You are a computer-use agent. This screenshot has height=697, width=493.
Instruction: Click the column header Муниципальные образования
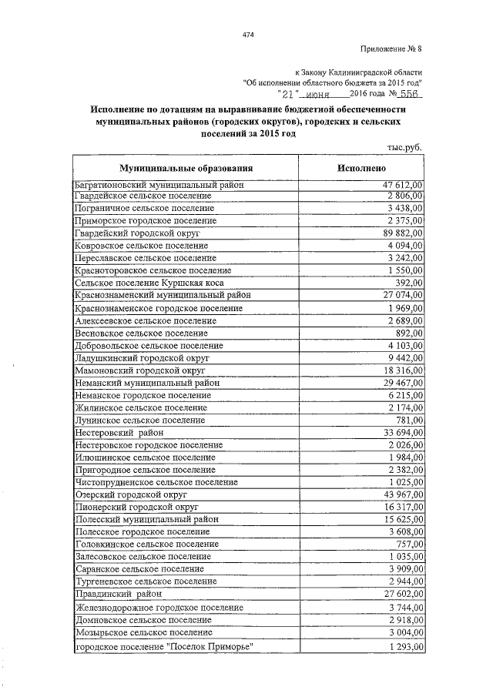click(x=186, y=167)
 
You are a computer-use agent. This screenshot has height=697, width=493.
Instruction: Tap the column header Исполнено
click(x=361, y=167)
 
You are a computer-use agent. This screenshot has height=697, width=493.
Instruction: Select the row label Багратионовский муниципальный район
click(x=159, y=185)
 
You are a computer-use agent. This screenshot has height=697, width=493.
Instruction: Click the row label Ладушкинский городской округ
click(x=142, y=358)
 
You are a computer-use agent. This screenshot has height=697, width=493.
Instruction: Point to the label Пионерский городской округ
click(x=136, y=508)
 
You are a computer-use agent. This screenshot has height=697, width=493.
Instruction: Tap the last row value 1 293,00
click(x=402, y=646)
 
